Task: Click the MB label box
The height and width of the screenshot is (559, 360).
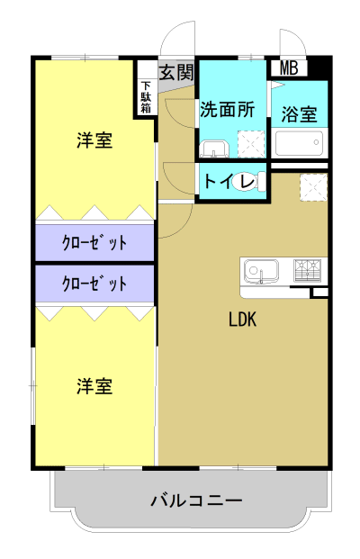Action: (288, 68)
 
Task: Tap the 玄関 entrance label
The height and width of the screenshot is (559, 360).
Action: (176, 73)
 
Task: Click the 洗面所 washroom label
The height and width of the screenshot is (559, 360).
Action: (227, 110)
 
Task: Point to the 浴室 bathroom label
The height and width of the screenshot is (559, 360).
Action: (299, 114)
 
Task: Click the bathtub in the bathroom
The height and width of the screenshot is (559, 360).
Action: (299, 144)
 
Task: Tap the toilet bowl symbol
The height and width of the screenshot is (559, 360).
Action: (246, 182)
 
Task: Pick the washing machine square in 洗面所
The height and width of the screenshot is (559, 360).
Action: (250, 145)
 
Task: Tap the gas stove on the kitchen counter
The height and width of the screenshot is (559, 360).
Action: (307, 268)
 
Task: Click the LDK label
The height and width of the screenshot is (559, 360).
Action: (243, 319)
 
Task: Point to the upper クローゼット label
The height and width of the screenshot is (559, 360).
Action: (94, 242)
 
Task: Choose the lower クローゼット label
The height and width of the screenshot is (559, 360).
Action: (94, 284)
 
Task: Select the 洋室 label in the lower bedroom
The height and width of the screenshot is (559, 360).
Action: (94, 386)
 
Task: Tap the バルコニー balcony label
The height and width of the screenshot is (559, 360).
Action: (196, 500)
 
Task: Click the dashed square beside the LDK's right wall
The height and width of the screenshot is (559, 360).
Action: (312, 187)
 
